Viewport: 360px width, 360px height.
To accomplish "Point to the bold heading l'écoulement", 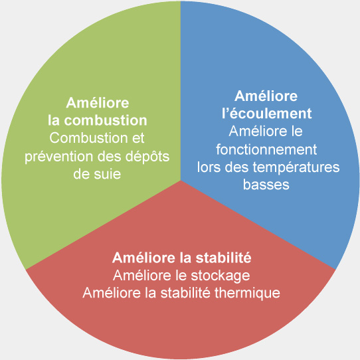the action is pyautogui.click(x=267, y=113).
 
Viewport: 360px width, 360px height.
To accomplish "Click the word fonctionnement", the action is pyautogui.click(x=266, y=149).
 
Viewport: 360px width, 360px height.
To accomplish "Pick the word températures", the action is pyautogui.click(x=296, y=167).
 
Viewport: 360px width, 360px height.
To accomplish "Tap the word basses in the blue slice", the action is pyautogui.click(x=266, y=185).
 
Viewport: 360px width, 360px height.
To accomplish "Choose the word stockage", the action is pyautogui.click(x=220, y=276).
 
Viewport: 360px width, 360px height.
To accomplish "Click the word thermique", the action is pyautogui.click(x=247, y=293).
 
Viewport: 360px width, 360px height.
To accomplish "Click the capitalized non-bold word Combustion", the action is pyautogui.click(x=88, y=138).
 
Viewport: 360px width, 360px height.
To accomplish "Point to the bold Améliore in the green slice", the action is pyautogui.click(x=98, y=103).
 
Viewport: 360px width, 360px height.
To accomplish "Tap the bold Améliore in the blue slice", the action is pyautogui.click(x=266, y=96).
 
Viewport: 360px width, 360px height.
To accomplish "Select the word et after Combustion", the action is pyautogui.click(x=138, y=138).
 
